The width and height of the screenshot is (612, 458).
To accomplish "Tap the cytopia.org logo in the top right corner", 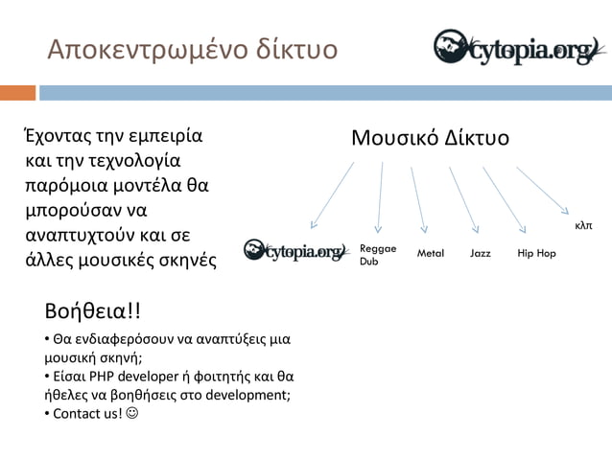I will point(516,48).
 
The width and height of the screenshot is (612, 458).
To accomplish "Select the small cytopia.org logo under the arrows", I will point(294,252).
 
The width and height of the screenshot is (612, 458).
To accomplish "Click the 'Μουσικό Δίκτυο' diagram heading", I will point(430,139).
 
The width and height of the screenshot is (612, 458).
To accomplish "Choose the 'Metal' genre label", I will point(431,253).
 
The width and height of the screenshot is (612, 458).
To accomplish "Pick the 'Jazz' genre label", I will point(480,253).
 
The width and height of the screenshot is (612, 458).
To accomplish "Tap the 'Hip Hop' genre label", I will point(536,253).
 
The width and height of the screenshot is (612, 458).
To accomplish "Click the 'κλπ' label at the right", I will point(583,226).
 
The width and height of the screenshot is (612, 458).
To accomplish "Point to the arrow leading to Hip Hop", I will point(504,199).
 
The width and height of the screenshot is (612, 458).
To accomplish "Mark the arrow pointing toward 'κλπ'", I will point(543,188).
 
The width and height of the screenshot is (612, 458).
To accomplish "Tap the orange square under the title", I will point(17,93).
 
